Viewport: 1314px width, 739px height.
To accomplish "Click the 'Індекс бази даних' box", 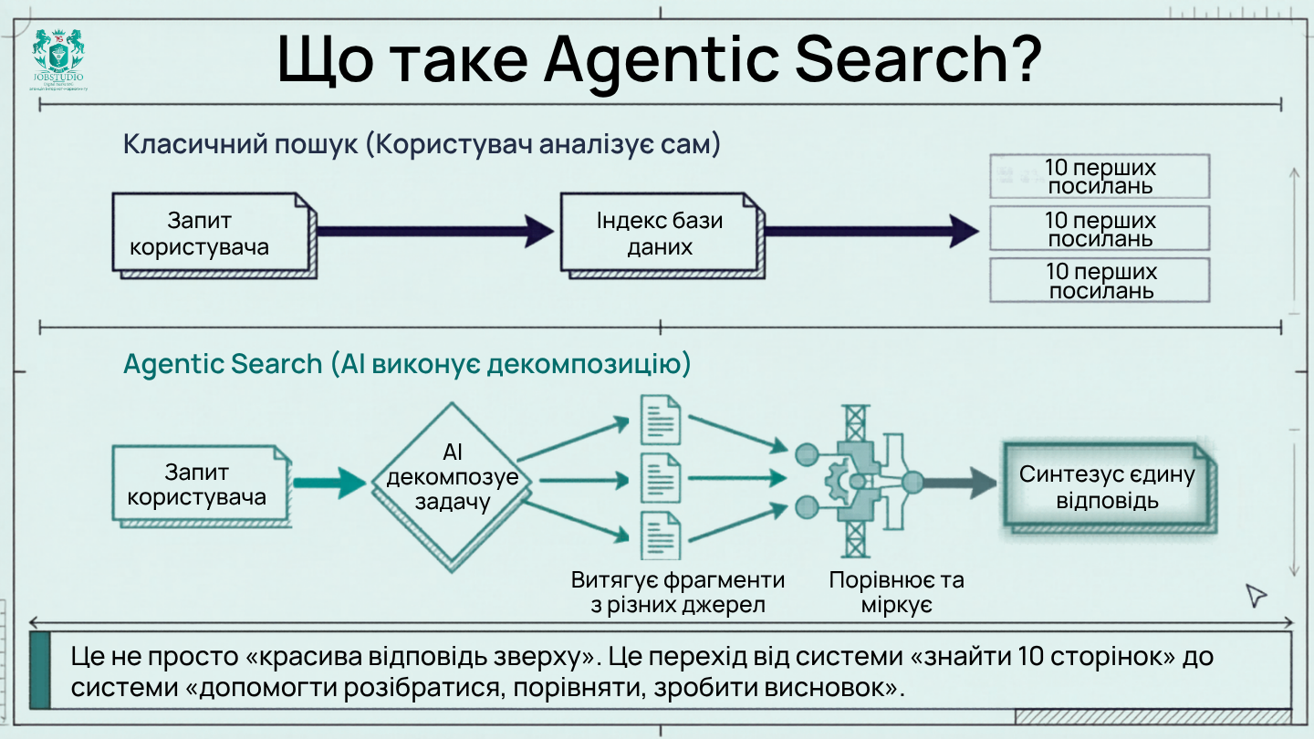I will pos(660,234).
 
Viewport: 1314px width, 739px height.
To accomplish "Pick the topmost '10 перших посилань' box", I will pos(1100,177).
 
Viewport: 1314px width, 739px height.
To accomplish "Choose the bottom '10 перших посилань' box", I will pos(1100,281).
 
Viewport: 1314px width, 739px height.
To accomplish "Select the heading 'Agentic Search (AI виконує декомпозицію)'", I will pos(407,364).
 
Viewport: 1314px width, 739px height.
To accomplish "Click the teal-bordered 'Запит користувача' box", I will pos(197,484).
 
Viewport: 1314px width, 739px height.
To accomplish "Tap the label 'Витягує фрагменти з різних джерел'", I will pos(677,592).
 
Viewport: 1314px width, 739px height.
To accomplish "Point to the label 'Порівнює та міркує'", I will pos(895,592).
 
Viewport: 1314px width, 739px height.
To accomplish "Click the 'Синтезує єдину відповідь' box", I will pos(1107,487).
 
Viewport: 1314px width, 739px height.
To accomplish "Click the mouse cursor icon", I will pos(1257,596).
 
